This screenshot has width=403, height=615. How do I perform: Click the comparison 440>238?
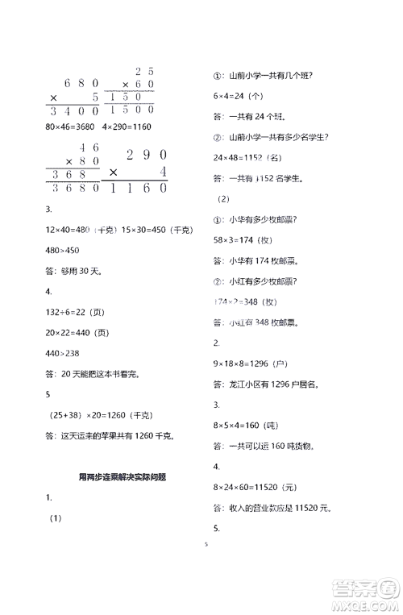(63, 351)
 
